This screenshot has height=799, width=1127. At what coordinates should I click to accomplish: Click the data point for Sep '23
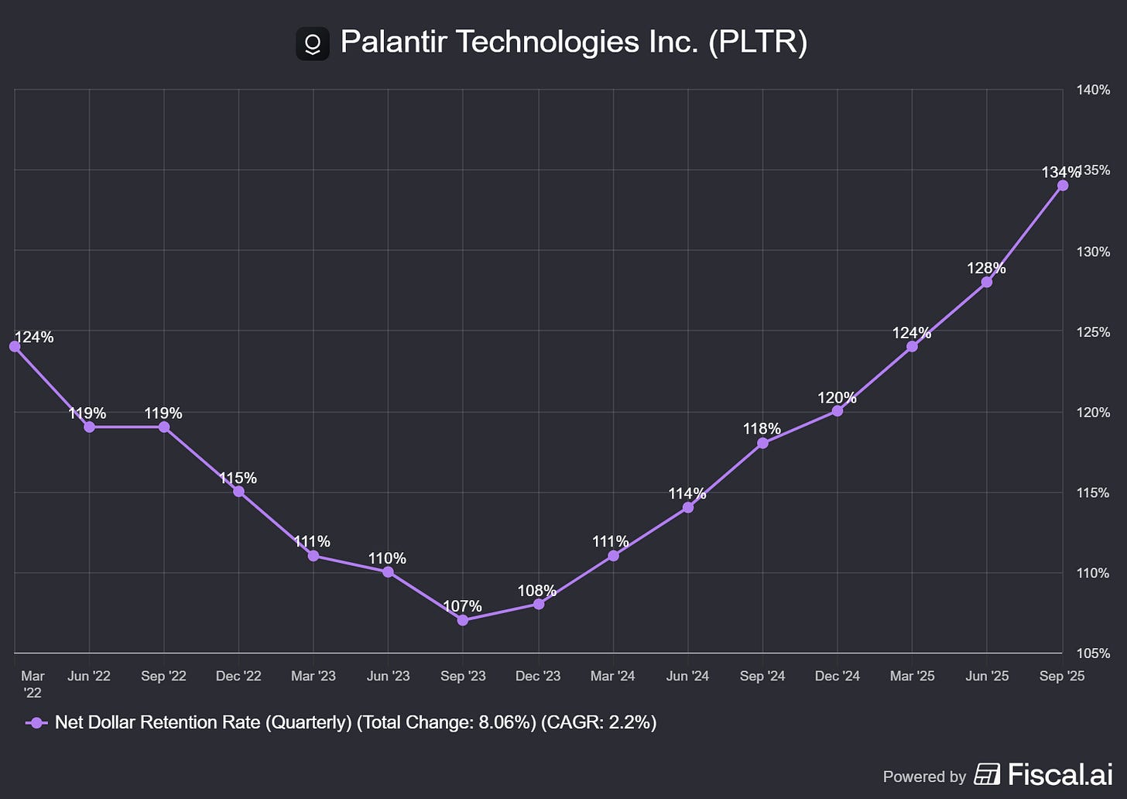tap(463, 620)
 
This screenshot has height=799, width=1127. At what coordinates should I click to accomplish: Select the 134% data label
tap(1060, 172)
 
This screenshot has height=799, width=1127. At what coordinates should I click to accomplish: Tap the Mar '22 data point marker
tap(15, 346)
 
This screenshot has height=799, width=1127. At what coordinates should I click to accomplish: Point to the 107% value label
tap(463, 606)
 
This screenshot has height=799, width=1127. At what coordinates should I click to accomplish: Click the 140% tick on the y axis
tap(1093, 91)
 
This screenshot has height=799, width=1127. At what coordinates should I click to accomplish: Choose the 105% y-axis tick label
tap(1093, 653)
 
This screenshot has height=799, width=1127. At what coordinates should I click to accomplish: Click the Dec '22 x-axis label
tap(238, 676)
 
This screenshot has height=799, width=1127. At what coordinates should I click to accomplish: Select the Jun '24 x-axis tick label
tap(687, 676)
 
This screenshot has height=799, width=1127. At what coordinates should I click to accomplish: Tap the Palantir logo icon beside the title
tap(313, 43)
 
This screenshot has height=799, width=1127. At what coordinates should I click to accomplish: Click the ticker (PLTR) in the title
tap(757, 42)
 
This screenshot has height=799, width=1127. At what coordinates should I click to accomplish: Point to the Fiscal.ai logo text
tap(1060, 774)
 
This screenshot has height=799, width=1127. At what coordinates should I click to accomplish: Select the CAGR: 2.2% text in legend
tap(598, 723)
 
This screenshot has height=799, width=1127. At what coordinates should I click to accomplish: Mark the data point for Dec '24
tap(838, 411)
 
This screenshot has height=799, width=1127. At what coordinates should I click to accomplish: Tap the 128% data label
tap(986, 268)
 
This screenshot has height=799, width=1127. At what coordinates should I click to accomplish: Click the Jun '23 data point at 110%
tap(388, 572)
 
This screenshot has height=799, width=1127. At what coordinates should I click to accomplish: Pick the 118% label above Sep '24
tap(762, 429)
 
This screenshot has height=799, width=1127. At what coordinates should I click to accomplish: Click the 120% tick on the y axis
tap(1093, 413)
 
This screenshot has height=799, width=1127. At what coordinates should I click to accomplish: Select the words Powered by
tap(924, 777)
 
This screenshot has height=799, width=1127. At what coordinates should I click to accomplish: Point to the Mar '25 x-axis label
tap(912, 676)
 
